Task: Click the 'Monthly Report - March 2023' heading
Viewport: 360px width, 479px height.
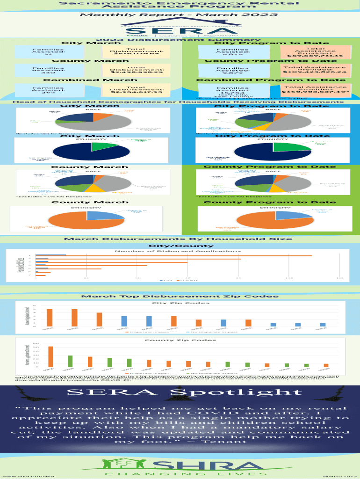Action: point(180,15)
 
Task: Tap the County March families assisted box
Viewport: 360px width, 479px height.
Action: point(48,70)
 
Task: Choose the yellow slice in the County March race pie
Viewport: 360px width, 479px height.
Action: point(96,188)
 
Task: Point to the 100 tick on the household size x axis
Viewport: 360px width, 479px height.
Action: point(289,278)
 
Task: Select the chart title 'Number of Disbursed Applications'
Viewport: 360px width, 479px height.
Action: point(180,251)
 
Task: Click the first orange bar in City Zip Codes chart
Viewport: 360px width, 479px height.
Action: point(50,317)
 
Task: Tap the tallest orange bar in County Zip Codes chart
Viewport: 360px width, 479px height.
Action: point(50,356)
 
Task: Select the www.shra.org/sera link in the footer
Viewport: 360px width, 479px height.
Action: point(29,475)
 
